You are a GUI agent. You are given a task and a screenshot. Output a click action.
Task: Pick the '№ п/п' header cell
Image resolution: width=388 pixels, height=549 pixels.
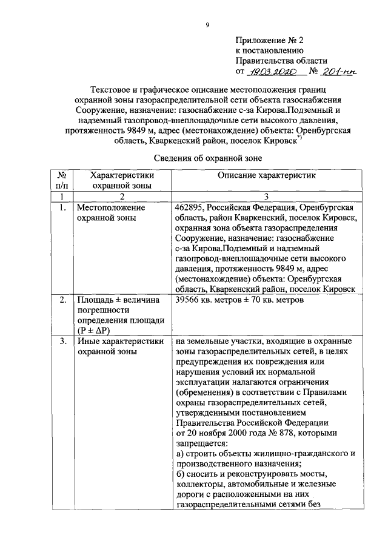click(x=62, y=181)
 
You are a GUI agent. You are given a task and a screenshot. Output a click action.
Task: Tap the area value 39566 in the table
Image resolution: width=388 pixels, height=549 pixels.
click(x=189, y=301)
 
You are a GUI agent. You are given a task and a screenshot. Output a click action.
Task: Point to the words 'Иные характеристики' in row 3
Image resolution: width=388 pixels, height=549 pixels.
click(x=120, y=342)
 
